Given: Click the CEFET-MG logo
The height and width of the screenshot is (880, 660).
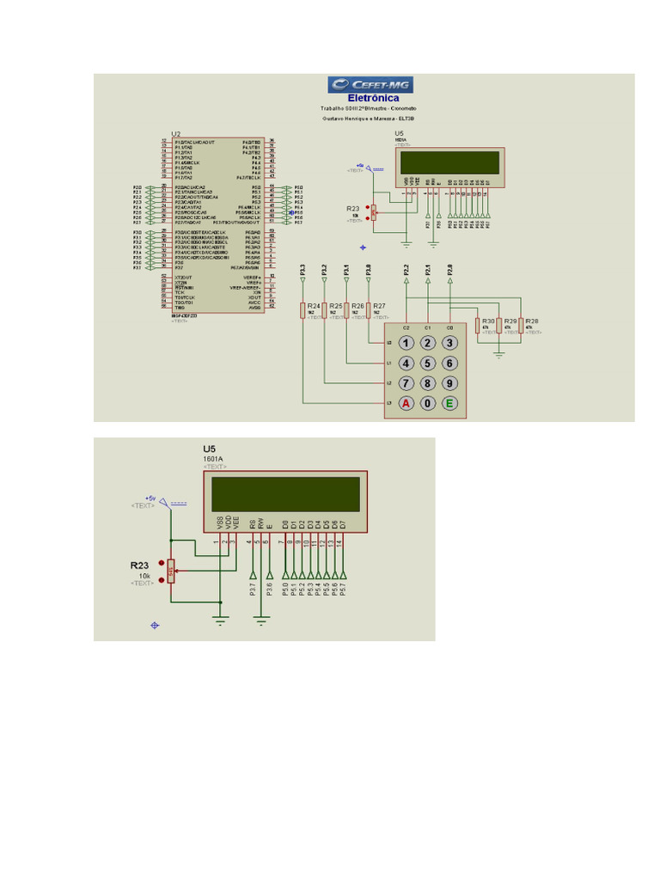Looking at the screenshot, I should click(369, 83).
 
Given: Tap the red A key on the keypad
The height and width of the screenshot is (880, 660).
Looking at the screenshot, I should click(406, 403).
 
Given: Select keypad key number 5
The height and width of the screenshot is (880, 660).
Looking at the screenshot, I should click(427, 364).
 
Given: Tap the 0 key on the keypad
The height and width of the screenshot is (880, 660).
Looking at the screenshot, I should click(427, 403).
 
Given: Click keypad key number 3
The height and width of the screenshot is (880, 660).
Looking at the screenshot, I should click(449, 343).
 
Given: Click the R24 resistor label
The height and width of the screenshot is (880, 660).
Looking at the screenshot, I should click(314, 306).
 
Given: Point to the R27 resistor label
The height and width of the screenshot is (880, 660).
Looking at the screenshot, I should click(379, 306).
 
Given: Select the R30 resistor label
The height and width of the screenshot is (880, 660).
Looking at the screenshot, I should click(489, 321).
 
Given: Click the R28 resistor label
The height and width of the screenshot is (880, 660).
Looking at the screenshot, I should click(531, 321).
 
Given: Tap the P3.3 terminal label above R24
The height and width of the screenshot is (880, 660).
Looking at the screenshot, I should click(302, 271).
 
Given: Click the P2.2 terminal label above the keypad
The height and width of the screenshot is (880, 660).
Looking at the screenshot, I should click(406, 271).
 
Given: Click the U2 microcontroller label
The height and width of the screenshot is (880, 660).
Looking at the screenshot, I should click(176, 134).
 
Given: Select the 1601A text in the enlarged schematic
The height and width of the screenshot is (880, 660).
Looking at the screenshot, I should click(213, 459).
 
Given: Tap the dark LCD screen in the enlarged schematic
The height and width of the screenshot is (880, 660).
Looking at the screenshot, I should click(285, 495).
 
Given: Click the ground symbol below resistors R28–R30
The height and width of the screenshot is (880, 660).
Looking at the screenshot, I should click(499, 352).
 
